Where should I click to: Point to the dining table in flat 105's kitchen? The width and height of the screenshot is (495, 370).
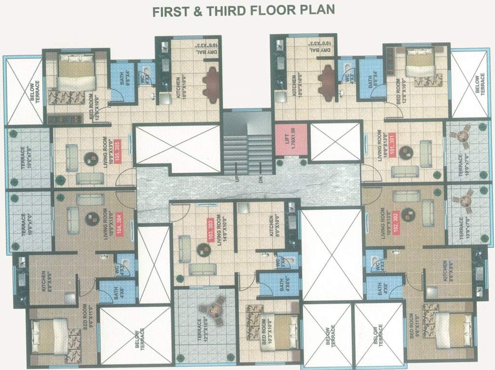tap(211, 85)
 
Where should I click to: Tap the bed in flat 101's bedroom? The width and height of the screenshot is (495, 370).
tap(419, 65)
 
